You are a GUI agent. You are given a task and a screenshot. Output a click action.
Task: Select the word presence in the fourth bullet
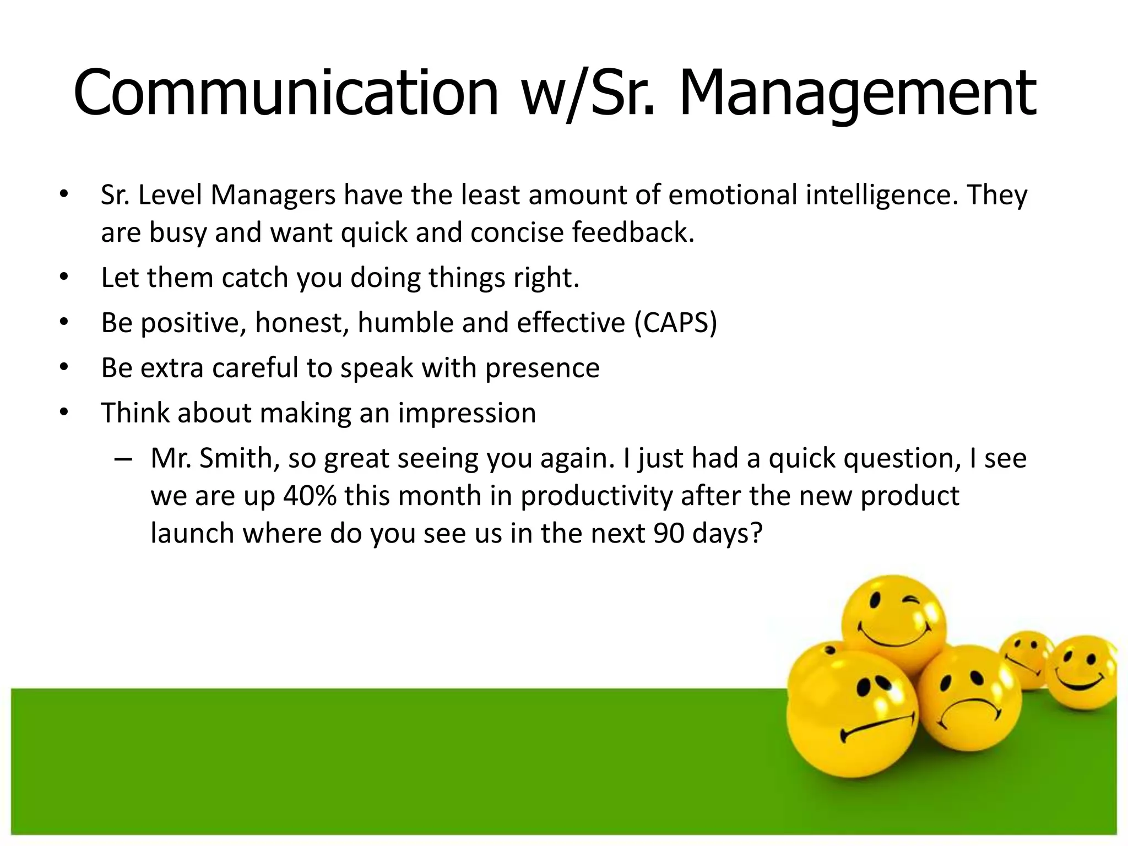pyautogui.click(x=542, y=368)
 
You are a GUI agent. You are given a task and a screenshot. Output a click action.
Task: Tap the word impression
pyautogui.click(x=467, y=413)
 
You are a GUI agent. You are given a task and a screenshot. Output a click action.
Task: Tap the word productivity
pyautogui.click(x=596, y=496)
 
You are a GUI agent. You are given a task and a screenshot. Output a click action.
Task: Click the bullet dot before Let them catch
pyautogui.click(x=64, y=278)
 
